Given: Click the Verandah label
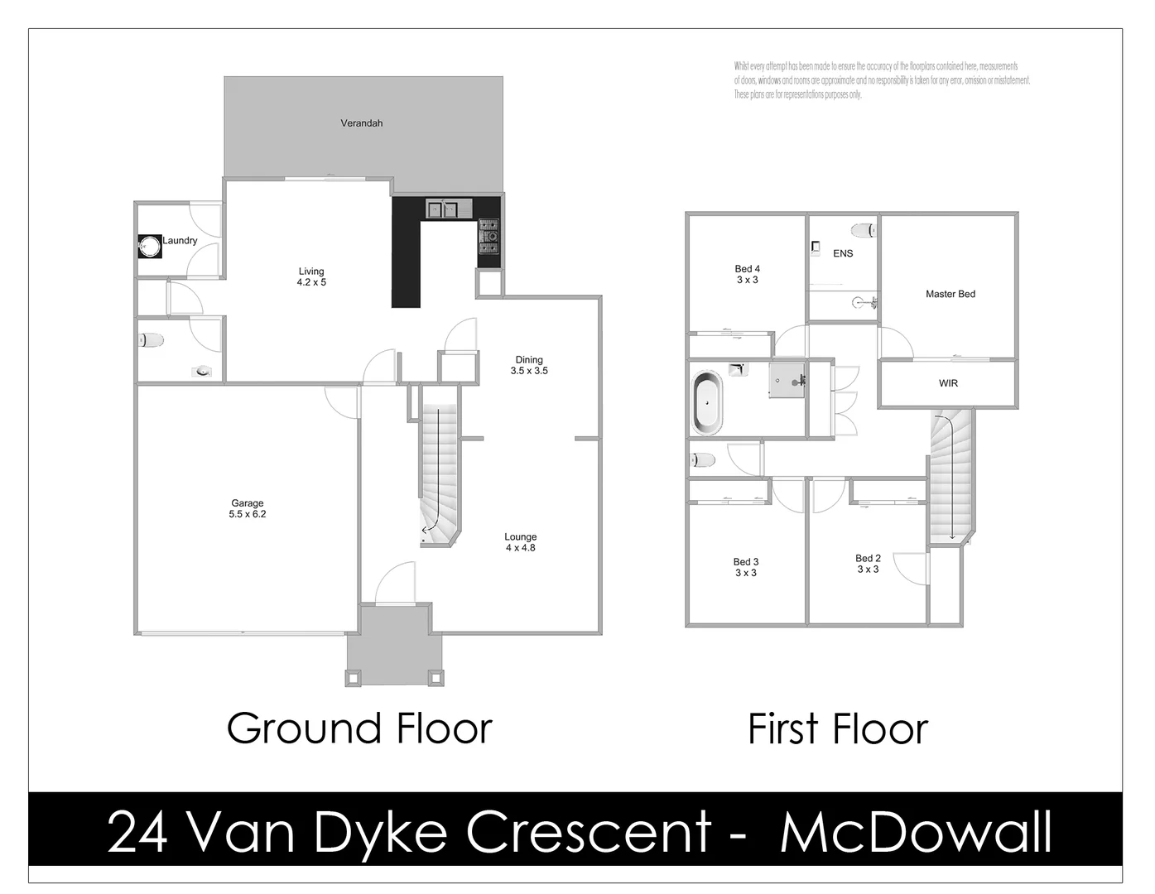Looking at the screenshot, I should coord(362,123).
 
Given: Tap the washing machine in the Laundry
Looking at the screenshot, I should coord(149,246).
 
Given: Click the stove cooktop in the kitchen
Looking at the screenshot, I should coord(488,235).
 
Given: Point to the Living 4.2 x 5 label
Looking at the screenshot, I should coord(311,276).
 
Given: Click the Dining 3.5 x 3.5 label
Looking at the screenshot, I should coord(529,365).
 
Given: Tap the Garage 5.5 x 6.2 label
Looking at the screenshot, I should coord(248,508).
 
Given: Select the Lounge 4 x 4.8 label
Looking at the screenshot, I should coord(521,542).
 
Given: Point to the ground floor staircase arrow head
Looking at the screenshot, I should coord(425,530).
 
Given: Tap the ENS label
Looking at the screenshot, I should coord(843,253).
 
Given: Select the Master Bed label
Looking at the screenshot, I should coord(950,294).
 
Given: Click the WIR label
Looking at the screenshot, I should coord(948,383).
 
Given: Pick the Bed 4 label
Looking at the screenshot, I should coord(747,274).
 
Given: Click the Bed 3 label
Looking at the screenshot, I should coord(746,567).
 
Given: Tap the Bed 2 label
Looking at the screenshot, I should coord(868,564).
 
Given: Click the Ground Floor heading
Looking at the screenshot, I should coord(359,728).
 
